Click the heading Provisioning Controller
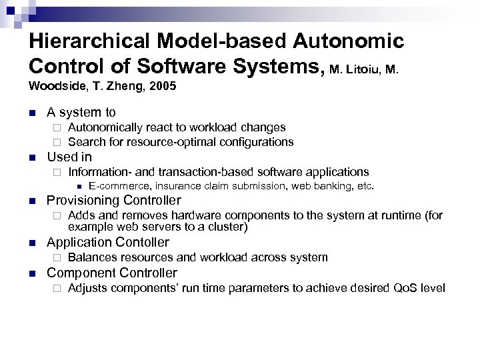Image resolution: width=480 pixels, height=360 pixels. [114, 201]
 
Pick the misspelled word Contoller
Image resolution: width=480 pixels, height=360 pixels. [144, 243]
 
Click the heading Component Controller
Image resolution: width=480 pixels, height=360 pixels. [112, 273]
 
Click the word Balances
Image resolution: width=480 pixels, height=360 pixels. [91, 257]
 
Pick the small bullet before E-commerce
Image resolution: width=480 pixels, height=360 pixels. [78, 187]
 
